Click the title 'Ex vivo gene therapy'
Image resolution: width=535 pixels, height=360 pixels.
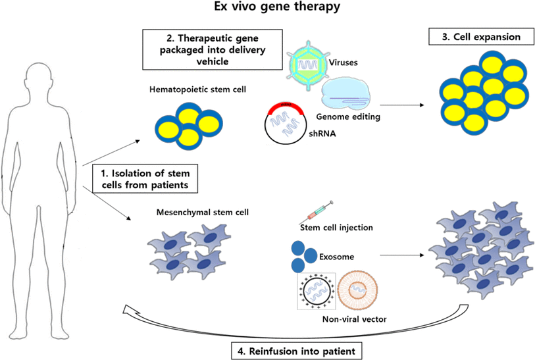pos(267,9)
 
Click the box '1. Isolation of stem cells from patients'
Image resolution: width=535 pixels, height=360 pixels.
pos(145,179)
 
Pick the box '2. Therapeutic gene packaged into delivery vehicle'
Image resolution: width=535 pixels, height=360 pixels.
pos(212,49)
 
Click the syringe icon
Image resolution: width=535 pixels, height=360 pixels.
pos(318,212)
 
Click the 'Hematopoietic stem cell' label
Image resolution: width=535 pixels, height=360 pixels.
pos(188,90)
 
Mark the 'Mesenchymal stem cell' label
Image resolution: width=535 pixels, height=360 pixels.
pos(188,213)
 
